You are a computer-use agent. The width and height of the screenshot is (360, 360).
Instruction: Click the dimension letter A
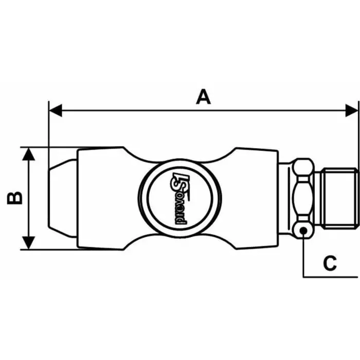pos(204,97)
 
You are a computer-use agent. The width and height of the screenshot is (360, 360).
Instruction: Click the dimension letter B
pos(15,198)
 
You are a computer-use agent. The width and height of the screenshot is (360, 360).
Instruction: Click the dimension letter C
pos(330,263)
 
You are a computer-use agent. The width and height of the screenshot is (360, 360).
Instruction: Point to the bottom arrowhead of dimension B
pos(29,242)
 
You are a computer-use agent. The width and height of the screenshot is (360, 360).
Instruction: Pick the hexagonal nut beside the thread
pos(303,198)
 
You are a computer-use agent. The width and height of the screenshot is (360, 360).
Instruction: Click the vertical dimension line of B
pos(29,198)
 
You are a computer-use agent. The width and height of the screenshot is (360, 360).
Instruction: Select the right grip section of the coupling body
pos(252,198)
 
